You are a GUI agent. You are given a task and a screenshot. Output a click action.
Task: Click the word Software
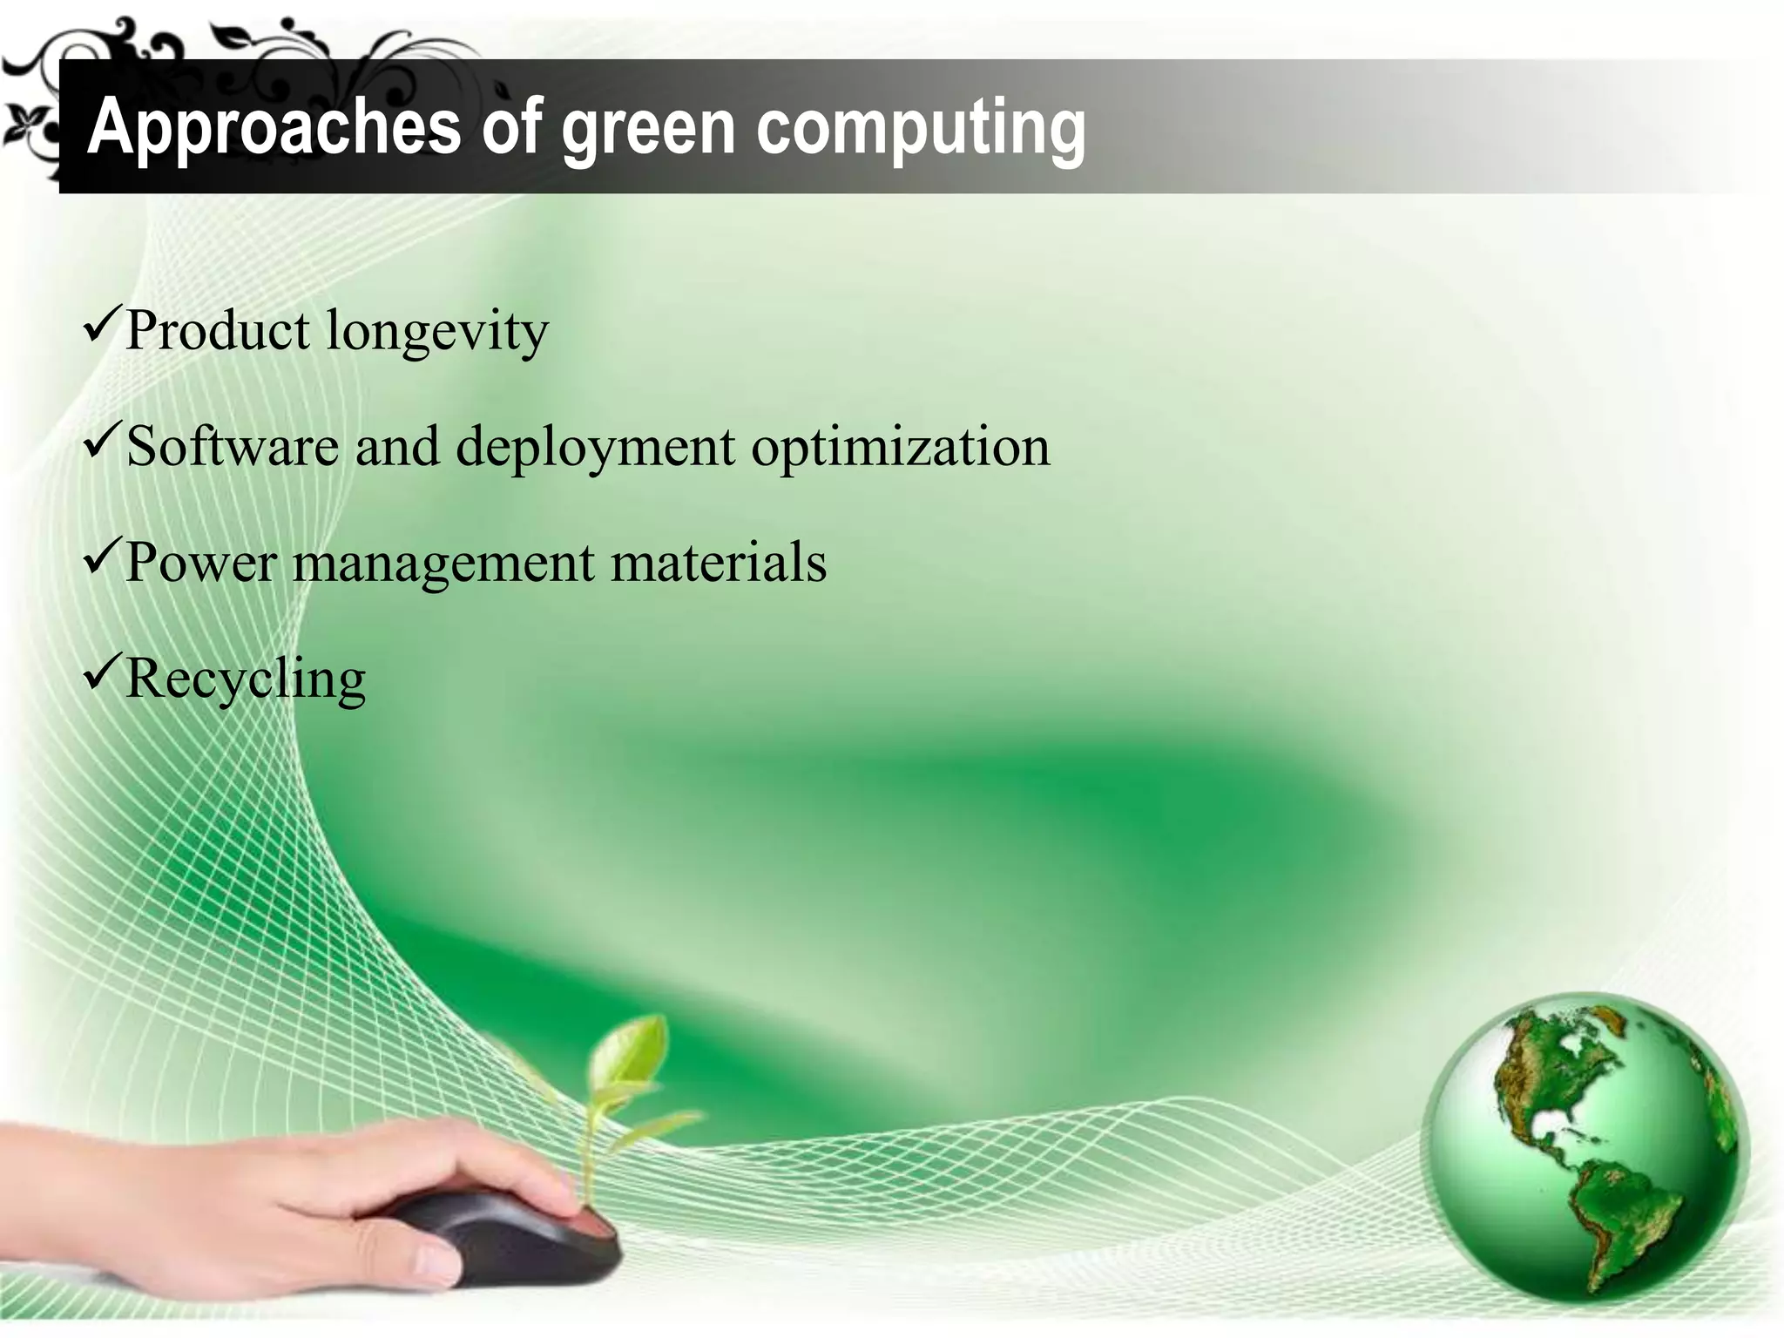[x=233, y=446]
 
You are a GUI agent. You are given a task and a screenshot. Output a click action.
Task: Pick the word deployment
[x=595, y=448]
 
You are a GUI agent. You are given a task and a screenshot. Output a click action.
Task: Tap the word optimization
[x=900, y=448]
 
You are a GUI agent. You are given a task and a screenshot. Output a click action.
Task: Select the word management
[x=443, y=564]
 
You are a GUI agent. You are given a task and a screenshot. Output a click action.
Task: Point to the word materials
[x=718, y=562]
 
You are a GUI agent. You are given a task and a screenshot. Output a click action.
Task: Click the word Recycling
[x=246, y=679]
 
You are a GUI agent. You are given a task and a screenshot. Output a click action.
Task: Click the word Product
[x=218, y=331]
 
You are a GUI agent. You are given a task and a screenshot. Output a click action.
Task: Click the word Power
[x=201, y=562]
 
